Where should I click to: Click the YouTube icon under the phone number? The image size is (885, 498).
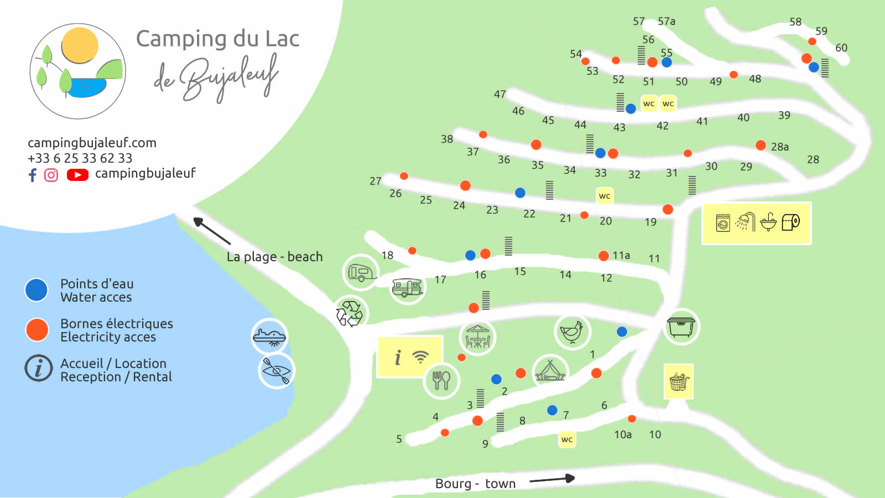pos(77,175)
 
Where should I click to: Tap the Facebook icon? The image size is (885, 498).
pos(33,175)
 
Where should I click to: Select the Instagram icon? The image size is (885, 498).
pos(51,175)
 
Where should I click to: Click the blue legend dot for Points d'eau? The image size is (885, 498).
pos(37,290)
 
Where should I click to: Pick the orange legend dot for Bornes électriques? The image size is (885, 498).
pos(37,330)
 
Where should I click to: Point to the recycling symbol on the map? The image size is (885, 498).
pos(350,313)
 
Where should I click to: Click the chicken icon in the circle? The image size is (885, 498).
pos(572,331)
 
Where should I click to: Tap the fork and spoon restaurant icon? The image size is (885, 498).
pos(441,380)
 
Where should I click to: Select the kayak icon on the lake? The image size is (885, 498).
pos(276,370)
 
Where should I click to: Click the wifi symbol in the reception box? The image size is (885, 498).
pos(421,357)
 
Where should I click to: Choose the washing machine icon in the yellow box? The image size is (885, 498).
pos(723,222)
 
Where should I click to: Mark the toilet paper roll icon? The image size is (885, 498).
pos(791,222)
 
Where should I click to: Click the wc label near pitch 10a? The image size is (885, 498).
pos(567,439)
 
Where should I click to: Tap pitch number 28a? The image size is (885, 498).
pos(780,147)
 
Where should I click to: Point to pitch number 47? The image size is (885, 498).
pos(500,94)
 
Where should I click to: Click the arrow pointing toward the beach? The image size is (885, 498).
pos(211,231)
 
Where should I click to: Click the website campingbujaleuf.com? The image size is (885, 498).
pos(92,143)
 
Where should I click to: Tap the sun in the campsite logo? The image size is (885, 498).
pos(80,45)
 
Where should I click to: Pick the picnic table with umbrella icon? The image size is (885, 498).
pos(477,336)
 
